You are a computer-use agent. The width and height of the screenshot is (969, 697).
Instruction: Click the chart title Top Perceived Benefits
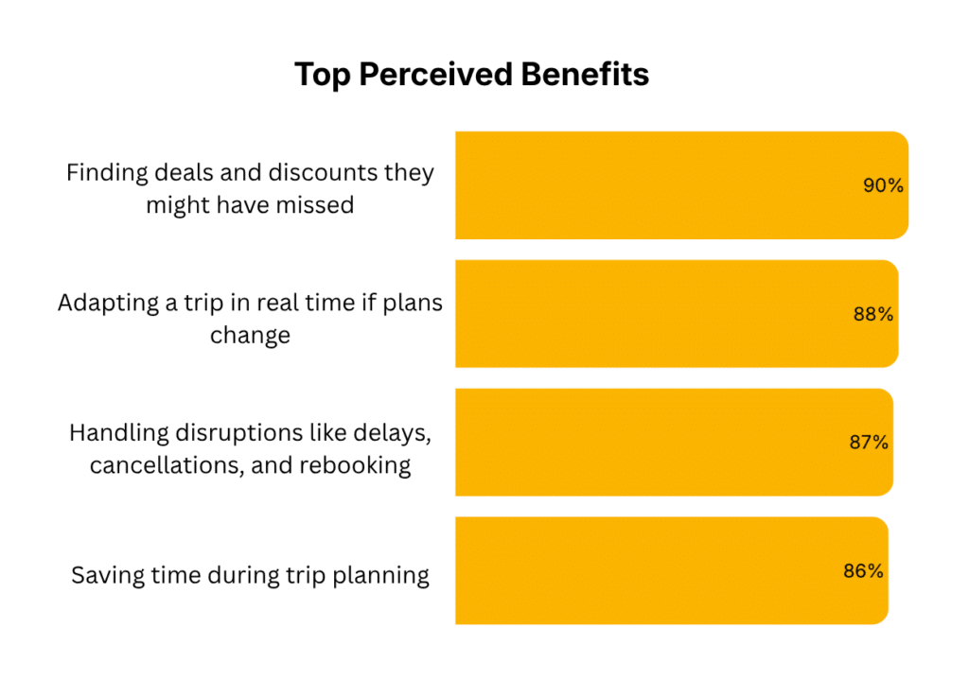tap(471, 75)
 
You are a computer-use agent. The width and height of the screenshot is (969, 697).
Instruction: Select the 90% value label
tap(883, 186)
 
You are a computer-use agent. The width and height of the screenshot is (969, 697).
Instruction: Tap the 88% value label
tap(873, 315)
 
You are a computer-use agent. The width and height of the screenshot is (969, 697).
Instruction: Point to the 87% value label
tap(868, 443)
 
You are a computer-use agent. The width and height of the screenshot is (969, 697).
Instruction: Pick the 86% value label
tap(863, 571)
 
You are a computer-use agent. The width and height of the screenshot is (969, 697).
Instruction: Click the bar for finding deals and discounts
tap(662, 185)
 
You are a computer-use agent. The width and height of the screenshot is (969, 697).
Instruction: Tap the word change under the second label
tap(250, 336)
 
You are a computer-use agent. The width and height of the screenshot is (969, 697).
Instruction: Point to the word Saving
tap(106, 575)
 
